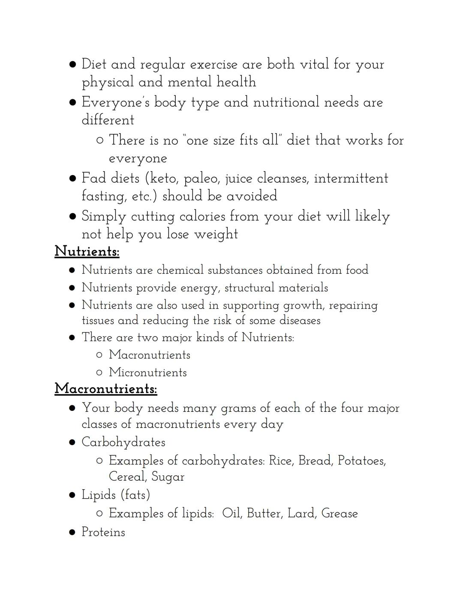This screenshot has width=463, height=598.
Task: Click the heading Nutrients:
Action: coord(87,251)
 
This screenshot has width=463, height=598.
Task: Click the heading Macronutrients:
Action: coord(106,389)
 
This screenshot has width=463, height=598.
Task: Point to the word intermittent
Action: coord(351,178)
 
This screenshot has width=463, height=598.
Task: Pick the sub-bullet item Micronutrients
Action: coord(147,372)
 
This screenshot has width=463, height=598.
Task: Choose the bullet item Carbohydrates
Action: coord(123,442)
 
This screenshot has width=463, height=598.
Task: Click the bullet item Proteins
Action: coord(103,532)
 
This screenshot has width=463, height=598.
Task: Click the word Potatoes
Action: coord(361,461)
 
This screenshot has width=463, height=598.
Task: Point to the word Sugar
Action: coord(168,477)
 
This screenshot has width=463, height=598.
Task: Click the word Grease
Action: coord(339,513)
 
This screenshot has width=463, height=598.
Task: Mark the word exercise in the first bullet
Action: coord(213,64)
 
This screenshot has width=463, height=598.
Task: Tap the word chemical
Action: coord(180,270)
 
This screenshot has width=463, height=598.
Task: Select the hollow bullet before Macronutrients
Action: coord(99,355)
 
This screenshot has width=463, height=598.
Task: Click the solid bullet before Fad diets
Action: coord(73,178)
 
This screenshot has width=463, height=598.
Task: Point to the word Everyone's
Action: coord(115,102)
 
